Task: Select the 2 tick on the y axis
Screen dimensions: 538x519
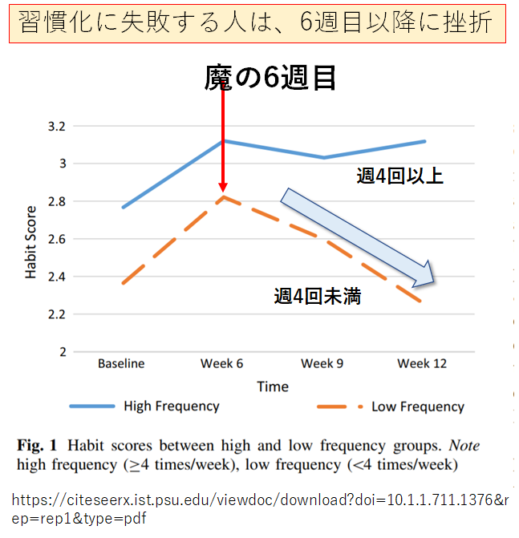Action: point(60,351)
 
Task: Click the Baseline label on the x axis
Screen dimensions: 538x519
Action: point(121,363)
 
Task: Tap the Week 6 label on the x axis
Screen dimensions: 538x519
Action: point(222,363)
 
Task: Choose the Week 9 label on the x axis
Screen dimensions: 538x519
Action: point(322,363)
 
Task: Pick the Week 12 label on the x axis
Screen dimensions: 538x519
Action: point(424,363)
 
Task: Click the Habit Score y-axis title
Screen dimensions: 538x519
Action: point(31,241)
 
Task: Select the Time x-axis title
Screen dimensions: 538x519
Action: point(273,386)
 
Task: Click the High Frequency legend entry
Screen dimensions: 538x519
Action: point(171,406)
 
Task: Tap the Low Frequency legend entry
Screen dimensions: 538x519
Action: point(417,407)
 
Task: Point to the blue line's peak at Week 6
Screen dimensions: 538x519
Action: point(222,140)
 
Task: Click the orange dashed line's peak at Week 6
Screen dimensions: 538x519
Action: point(222,196)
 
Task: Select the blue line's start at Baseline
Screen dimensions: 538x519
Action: point(122,208)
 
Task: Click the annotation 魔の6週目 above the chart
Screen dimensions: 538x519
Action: point(268,78)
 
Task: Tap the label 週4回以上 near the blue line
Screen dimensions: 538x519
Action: point(399,176)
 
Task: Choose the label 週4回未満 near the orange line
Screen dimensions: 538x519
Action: point(317,297)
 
